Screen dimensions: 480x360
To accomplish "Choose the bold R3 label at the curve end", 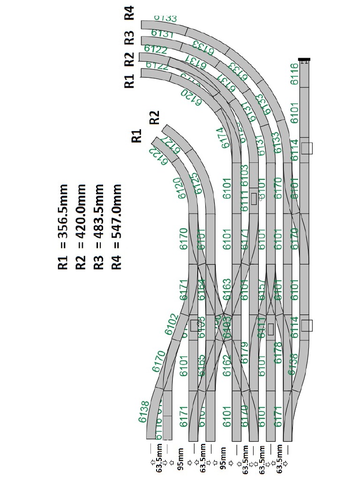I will [x=129, y=37].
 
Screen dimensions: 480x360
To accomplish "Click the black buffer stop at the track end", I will [x=304, y=60].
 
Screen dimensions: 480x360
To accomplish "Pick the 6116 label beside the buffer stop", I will [x=295, y=74].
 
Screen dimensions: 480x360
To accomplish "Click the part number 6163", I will [x=227, y=290].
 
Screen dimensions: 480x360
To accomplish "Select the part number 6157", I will [x=262, y=290].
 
